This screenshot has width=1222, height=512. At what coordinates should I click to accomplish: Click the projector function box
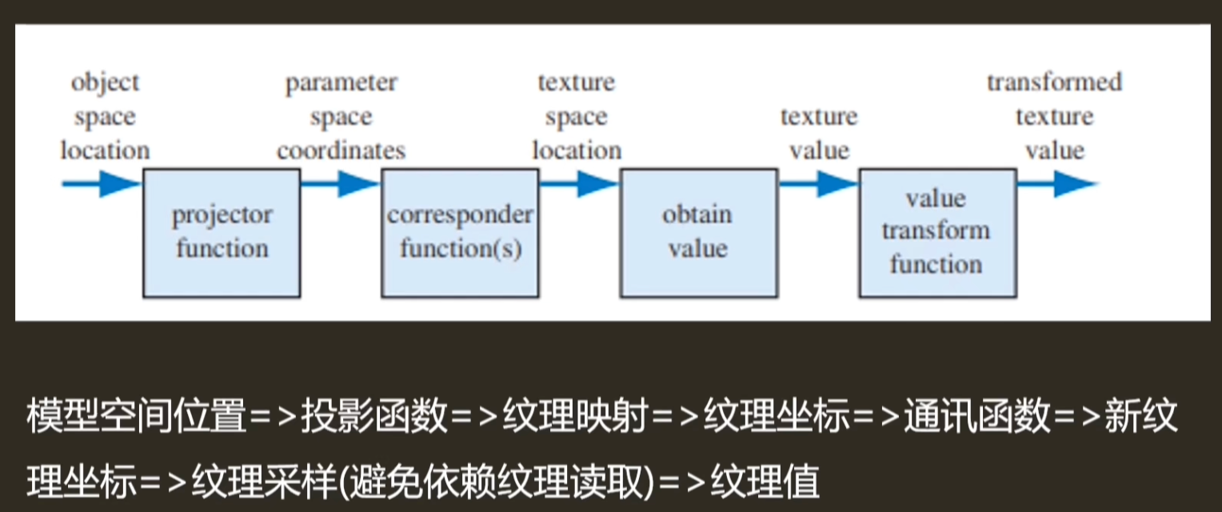tap(222, 232)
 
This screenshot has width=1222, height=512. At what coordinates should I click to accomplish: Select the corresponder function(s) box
tap(460, 232)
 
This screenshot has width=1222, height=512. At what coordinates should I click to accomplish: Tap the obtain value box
tap(697, 232)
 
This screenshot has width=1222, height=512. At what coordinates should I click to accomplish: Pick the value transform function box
tap(936, 232)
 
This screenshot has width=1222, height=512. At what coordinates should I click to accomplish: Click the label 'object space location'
tap(105, 117)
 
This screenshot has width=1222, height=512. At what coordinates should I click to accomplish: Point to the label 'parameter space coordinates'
tap(341, 117)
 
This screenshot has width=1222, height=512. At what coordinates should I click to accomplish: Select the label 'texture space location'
tap(577, 117)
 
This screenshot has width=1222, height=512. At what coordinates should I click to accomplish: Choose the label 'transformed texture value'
tap(1054, 117)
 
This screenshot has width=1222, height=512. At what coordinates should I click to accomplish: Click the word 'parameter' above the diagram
tap(341, 83)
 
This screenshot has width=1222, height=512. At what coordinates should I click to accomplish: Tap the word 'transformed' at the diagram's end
tap(1054, 82)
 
